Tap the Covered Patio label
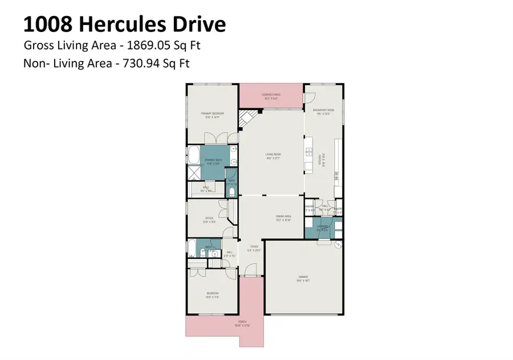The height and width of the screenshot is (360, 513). [270, 95]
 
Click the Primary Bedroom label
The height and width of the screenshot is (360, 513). [213, 114]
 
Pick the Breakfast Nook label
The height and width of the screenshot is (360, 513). [323, 110]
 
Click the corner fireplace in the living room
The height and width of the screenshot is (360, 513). [247, 120]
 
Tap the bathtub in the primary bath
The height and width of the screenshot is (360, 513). [194, 155]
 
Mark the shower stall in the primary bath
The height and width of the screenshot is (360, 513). [194, 173]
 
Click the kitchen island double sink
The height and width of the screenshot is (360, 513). [310, 152]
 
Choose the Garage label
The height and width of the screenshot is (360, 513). [303, 279]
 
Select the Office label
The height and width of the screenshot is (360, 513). [209, 219]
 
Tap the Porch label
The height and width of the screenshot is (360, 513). [245, 323]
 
